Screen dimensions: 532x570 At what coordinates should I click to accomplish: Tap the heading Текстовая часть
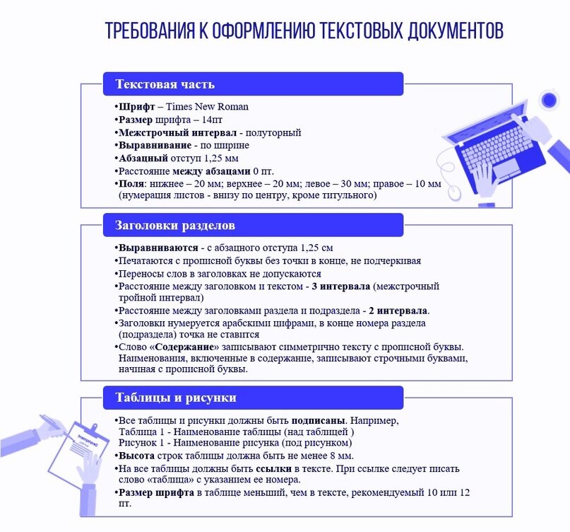click(165, 84)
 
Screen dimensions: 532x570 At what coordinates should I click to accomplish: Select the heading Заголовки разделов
click(174, 226)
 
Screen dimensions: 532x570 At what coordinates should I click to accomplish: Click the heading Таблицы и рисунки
click(175, 398)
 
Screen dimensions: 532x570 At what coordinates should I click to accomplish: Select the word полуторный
click(275, 132)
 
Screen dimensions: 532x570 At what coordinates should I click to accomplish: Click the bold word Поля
click(131, 183)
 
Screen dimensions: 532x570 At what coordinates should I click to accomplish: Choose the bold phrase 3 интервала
click(341, 287)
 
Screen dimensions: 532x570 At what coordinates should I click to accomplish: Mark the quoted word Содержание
click(185, 347)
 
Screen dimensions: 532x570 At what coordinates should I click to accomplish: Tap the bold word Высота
click(136, 456)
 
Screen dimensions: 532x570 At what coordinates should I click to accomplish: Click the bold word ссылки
click(276, 469)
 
